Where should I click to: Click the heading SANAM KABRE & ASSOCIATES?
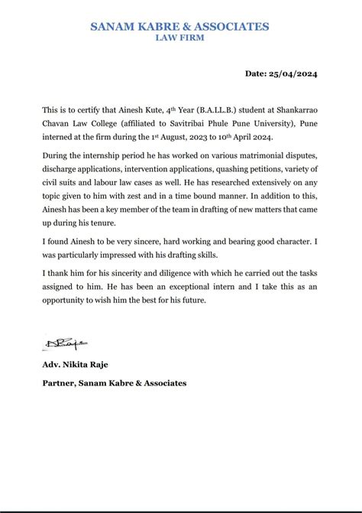click(x=180, y=27)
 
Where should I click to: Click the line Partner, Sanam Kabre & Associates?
click(x=115, y=383)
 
